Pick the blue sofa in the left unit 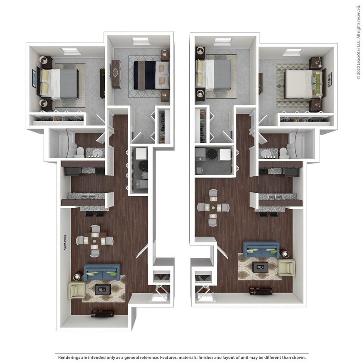coord(102,272)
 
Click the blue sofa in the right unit coord(261,249)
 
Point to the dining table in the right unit coord(213,207)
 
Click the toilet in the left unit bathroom coord(80,152)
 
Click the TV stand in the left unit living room coord(103,313)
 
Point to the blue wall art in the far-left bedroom coord(34,78)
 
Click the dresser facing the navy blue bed coord(116,74)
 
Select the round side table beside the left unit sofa coord(78,276)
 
